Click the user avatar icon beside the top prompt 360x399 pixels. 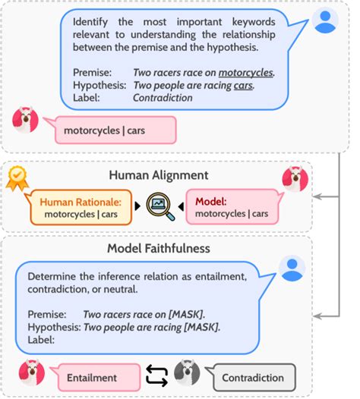coord(325,20)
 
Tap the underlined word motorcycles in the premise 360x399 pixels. coord(246,74)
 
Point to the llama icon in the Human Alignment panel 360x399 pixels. coord(295,178)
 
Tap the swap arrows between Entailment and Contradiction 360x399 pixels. coord(156,376)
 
